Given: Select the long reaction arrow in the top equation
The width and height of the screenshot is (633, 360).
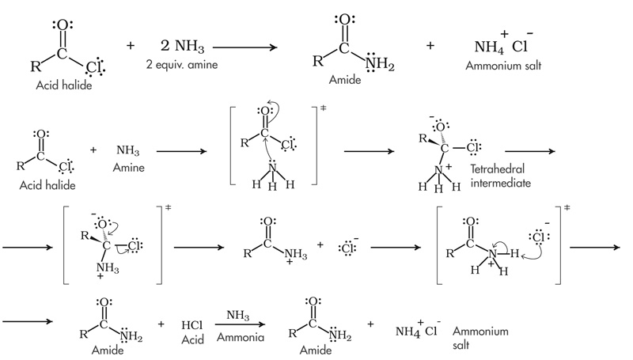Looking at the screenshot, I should (245, 47).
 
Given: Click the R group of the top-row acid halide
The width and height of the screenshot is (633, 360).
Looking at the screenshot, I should (33, 59).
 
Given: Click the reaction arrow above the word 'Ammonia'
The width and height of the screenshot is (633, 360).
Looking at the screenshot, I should (235, 324).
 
